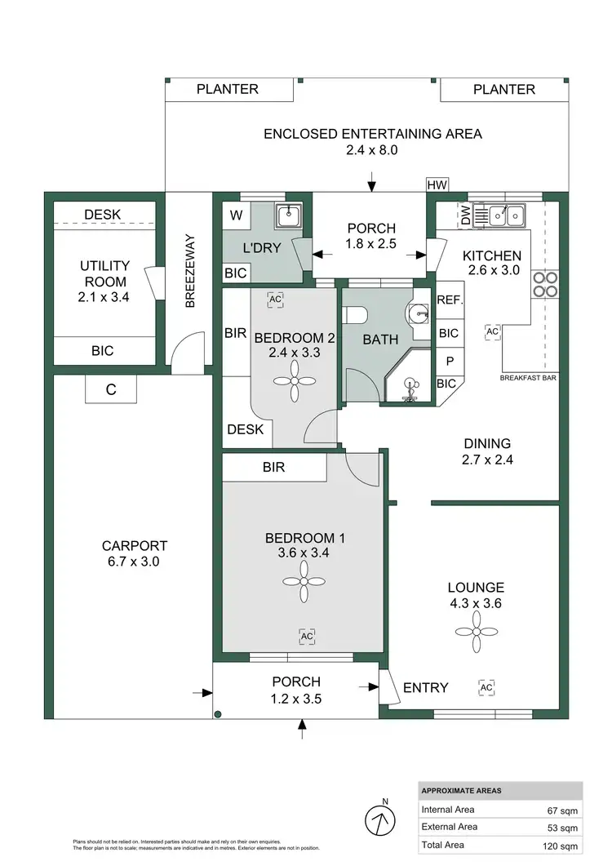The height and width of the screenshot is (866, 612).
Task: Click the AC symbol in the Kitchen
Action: (x=492, y=332)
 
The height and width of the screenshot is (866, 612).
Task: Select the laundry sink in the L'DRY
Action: (x=289, y=216)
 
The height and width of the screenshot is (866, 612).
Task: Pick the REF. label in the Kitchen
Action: (x=450, y=300)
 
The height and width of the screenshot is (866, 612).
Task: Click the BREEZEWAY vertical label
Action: (x=190, y=271)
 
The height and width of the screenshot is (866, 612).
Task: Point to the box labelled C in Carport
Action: (x=111, y=390)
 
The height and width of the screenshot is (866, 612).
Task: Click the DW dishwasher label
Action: (x=465, y=215)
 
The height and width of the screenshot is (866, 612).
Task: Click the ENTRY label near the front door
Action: (x=426, y=687)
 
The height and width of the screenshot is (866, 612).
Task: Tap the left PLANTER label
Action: (x=228, y=90)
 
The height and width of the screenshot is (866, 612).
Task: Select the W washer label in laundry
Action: (x=237, y=215)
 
